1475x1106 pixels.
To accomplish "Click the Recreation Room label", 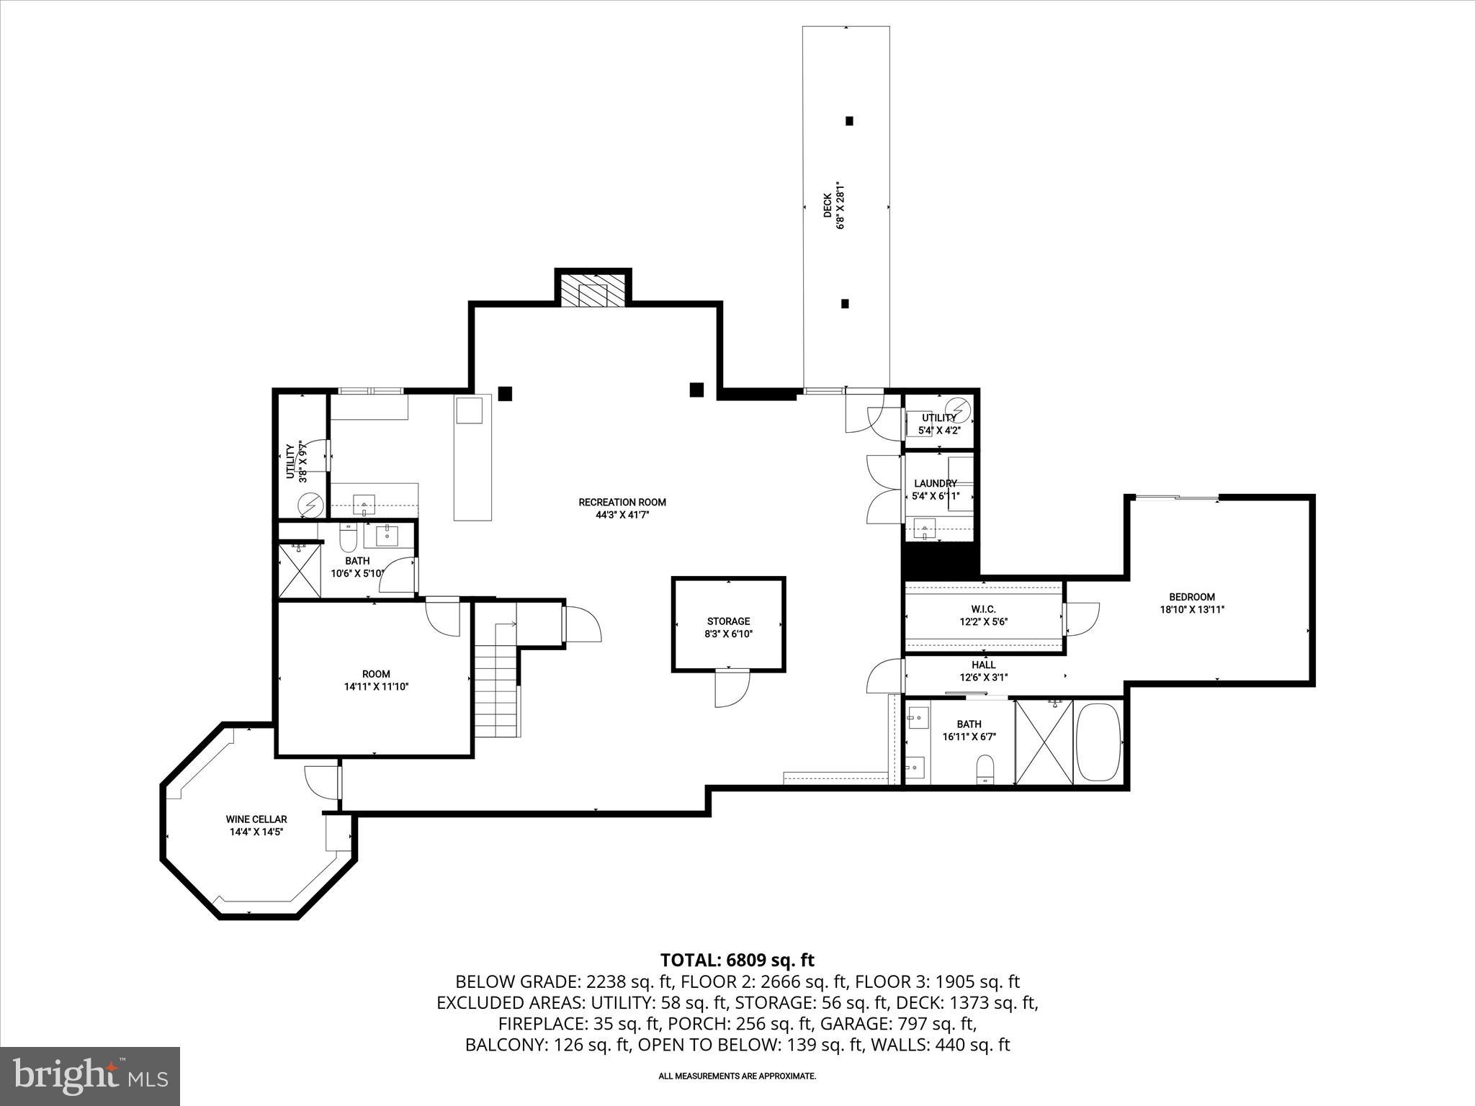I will point(622,508).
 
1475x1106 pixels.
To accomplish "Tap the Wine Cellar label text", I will point(256,825).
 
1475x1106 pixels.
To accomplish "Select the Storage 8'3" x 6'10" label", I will point(728,627).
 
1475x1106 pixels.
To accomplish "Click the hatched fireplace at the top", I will point(593,290).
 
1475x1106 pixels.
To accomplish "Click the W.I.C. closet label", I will point(983,615).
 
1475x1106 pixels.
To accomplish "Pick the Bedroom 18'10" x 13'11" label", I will point(1191,603).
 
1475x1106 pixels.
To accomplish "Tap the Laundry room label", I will point(935,490).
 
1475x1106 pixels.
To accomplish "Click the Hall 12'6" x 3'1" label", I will point(983,671).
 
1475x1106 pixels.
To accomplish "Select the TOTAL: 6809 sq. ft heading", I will point(737,960).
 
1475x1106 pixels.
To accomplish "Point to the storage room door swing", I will point(731,688).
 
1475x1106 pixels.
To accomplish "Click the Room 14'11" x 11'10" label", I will point(376,680).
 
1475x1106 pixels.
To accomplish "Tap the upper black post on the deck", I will point(849,121).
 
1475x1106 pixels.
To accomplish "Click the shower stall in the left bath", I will point(300,571).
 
